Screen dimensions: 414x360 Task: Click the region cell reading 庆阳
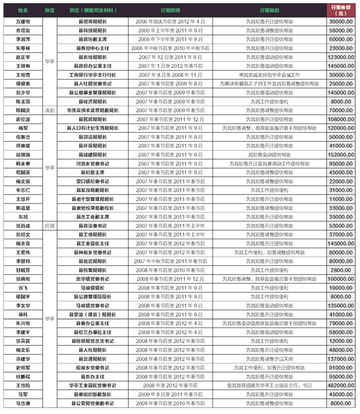(49, 110)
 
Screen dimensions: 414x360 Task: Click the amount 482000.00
(341, 385)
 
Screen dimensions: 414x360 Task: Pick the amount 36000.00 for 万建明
(341, 21)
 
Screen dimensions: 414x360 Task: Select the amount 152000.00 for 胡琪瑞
(341, 154)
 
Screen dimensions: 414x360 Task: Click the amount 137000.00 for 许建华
(341, 358)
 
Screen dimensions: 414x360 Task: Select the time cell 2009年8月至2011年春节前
(174, 394)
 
